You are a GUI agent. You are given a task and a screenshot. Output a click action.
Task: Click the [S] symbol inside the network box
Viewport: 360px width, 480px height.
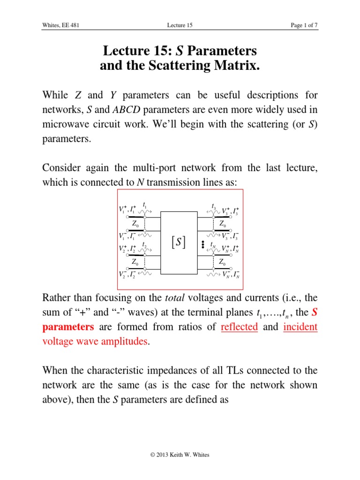coord(179,242)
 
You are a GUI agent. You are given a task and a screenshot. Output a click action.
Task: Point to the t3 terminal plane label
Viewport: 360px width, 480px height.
coord(214,205)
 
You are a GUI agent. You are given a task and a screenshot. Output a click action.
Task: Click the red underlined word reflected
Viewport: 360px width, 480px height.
coord(239,327)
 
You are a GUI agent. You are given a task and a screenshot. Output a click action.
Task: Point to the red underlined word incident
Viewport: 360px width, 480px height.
coord(300,327)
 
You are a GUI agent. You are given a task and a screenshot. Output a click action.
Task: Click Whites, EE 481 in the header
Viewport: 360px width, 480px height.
coord(60,25)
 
